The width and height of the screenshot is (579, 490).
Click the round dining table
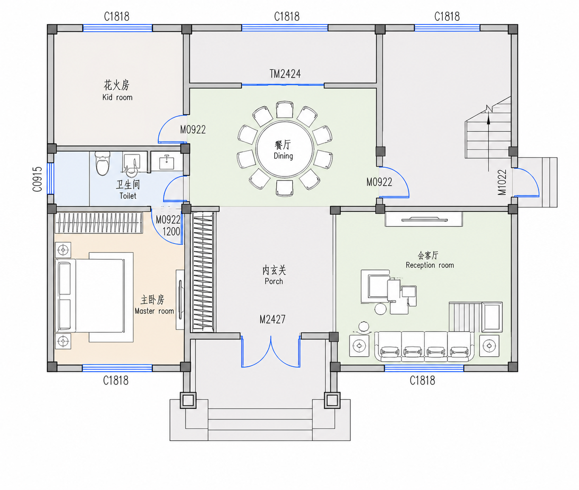point(284,149)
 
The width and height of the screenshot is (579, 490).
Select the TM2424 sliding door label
point(285,74)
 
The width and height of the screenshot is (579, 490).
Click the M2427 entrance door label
point(272,319)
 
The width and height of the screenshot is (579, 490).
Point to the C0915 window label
point(37,179)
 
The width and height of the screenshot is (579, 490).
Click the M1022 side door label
point(502,182)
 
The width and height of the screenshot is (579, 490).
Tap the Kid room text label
point(117,97)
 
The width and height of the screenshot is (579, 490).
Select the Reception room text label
point(430,265)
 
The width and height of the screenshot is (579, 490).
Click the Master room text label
point(155,311)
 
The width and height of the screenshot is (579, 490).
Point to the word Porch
point(274,281)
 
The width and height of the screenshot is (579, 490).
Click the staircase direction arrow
point(489,140)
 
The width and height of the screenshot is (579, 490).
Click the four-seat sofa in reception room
point(424,347)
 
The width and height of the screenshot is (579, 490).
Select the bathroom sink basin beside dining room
point(167,162)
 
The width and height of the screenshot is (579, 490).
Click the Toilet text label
point(128,196)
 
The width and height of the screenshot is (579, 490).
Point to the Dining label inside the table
point(283,156)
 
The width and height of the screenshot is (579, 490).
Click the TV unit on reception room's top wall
point(424,219)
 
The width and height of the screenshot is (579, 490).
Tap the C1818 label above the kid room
point(117,17)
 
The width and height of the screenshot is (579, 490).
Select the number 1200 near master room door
point(171,232)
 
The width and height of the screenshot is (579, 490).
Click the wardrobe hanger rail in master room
point(98,223)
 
